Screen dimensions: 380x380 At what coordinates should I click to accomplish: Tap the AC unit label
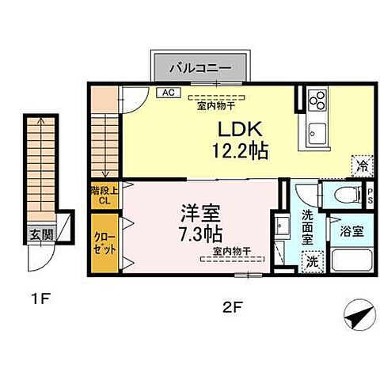tap(168, 92)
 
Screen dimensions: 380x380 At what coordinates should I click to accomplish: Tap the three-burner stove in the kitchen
tap(317, 100)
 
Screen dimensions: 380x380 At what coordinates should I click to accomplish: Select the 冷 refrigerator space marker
tap(361, 165)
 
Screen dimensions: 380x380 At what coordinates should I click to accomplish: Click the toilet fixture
tap(342, 193)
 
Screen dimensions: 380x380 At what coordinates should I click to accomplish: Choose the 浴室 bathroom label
tap(352, 232)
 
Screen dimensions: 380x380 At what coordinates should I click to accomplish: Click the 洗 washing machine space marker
tap(312, 260)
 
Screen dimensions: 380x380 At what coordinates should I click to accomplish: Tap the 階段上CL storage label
tap(103, 196)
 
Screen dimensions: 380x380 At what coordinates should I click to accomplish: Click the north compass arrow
tap(358, 317)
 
